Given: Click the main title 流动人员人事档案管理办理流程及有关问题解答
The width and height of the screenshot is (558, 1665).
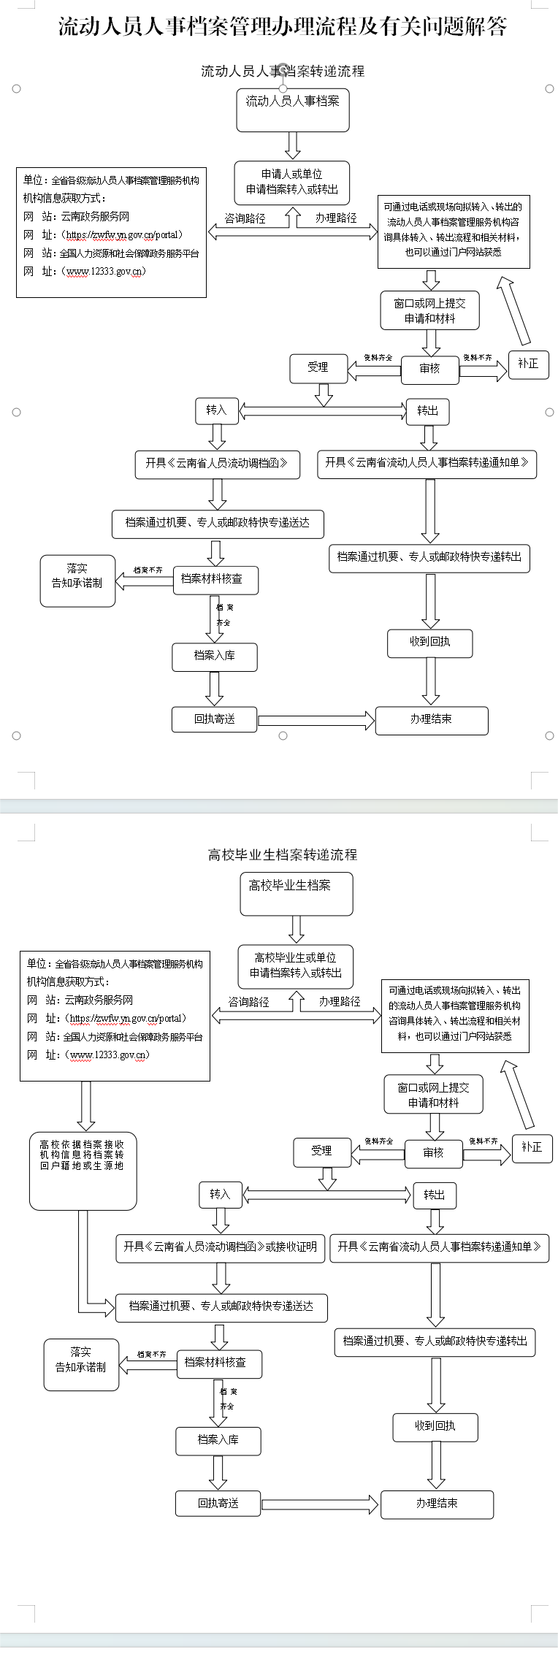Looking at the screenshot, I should (x=283, y=27).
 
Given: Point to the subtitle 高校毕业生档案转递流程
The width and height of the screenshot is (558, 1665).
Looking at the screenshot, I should (x=283, y=854).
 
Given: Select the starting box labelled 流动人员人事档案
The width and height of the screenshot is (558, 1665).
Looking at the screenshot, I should (x=293, y=110).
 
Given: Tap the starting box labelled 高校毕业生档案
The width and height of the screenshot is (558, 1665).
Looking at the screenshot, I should (x=297, y=893).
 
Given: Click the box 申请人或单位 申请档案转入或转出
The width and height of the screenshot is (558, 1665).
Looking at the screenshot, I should (x=292, y=182).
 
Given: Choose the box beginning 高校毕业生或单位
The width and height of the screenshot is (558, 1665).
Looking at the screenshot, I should (x=296, y=965).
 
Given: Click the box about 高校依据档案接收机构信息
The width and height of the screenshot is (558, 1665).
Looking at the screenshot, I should (x=83, y=1170).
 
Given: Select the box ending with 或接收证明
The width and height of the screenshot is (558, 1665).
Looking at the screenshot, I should (x=221, y=1247).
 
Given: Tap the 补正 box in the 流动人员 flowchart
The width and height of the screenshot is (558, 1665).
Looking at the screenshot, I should (x=528, y=364).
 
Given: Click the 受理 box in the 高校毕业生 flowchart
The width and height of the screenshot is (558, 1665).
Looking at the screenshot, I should (x=321, y=1152).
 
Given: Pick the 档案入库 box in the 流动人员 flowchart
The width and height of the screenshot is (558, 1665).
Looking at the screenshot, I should (x=215, y=656).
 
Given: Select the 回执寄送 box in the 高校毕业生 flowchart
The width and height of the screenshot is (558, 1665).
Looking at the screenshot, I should (x=218, y=1503).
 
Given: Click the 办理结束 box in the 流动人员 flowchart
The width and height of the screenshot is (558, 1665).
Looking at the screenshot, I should (x=431, y=719).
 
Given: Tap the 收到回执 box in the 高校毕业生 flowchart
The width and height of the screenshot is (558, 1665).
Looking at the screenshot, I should (x=435, y=1426).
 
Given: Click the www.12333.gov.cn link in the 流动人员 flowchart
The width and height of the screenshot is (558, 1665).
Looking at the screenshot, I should (x=106, y=272).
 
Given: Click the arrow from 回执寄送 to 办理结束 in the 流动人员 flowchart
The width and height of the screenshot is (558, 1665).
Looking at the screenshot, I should (x=316, y=720).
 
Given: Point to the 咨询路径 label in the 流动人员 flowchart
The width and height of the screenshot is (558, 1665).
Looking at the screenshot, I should (x=245, y=218).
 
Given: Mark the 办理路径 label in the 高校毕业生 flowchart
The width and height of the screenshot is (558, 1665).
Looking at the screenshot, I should (x=340, y=1002).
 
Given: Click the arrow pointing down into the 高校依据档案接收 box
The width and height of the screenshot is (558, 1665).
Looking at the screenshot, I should (x=86, y=1106).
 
